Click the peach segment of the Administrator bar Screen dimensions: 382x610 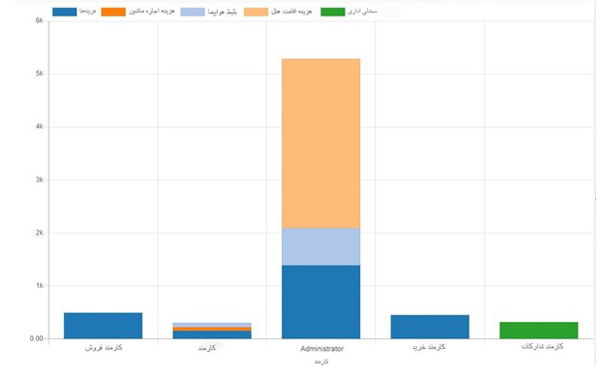tap(321, 143)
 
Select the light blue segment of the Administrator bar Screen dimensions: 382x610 tap(321, 246)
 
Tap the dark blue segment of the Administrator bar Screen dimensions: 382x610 tap(321, 302)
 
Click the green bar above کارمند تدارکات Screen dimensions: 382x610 tap(539, 330)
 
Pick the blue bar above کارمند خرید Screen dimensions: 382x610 tap(430, 327)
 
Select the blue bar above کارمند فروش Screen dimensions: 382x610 tap(103, 326)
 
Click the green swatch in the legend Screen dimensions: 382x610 tap(333, 12)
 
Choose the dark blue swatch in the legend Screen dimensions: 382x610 tap(64, 12)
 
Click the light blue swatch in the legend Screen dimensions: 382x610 tap(192, 12)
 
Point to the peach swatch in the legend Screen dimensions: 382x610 tap(256, 12)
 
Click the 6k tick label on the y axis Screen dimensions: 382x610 tap(39, 21)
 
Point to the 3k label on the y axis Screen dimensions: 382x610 tap(39, 180)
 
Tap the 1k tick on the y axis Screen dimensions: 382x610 tap(39, 286)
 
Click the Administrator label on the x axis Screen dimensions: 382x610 tap(321, 349)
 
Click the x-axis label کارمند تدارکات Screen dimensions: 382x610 tap(542, 347)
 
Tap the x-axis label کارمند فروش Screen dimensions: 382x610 tap(104, 348)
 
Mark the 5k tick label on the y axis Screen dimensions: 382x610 tap(39, 74)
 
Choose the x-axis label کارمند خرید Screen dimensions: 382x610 tap(429, 347)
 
